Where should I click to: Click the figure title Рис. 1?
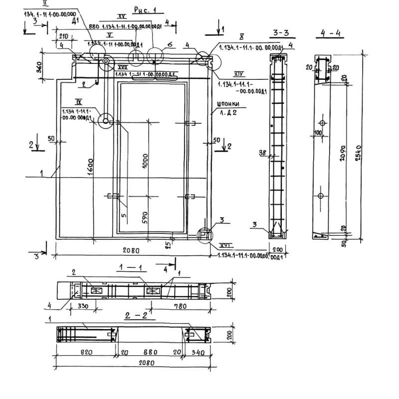tap(145, 10)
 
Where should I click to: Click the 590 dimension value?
tap(145, 218)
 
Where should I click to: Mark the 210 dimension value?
tap(63, 37)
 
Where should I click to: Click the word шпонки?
tap(228, 104)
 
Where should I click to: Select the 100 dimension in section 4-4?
tap(318, 133)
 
